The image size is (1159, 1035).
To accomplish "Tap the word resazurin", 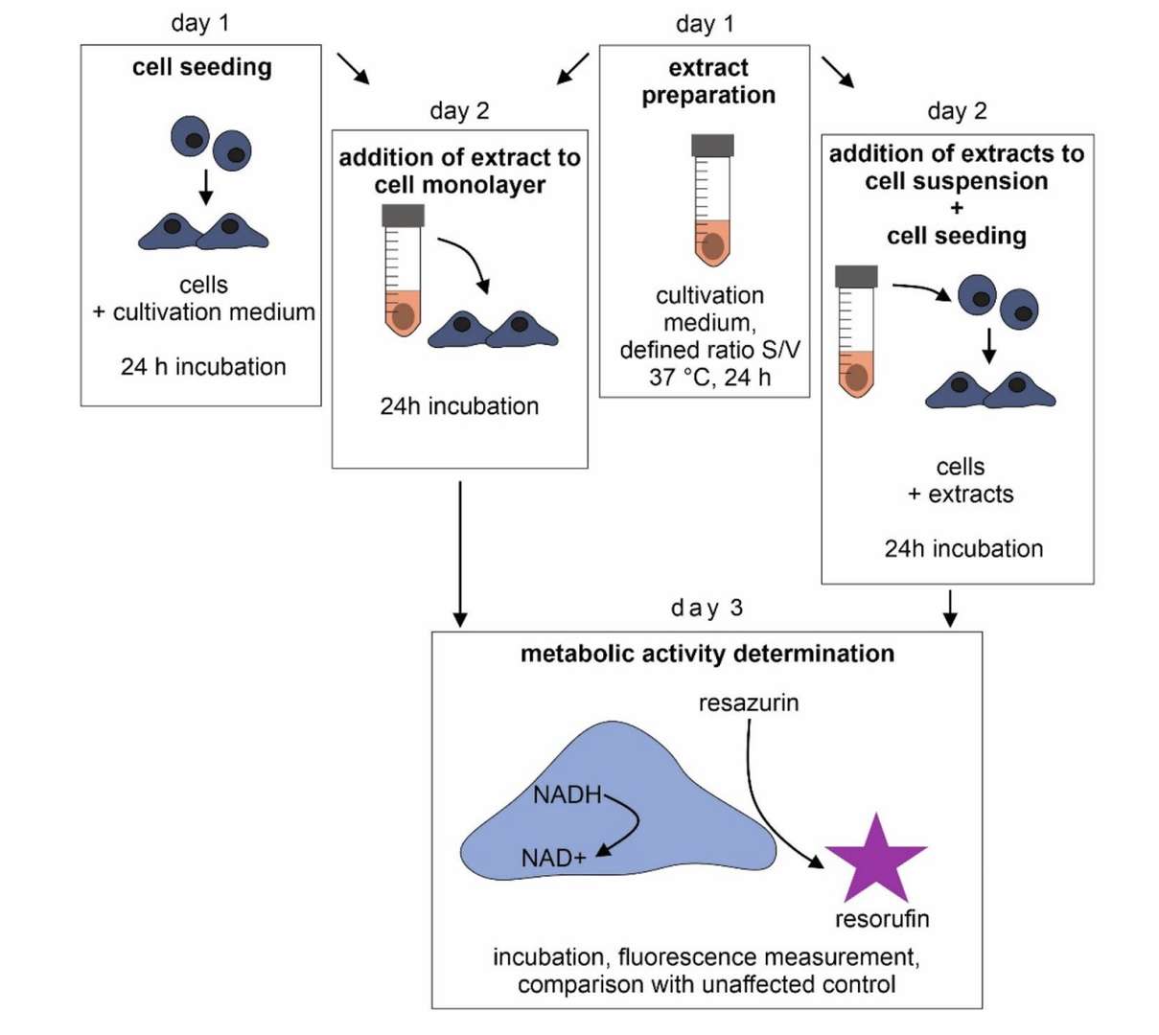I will pyautogui.click(x=748, y=702).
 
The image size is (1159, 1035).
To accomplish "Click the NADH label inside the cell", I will pyautogui.click(x=568, y=794).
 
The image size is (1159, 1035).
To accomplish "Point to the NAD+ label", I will pyautogui.click(x=553, y=858).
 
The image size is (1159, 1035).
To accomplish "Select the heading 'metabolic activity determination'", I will pyautogui.click(x=707, y=654).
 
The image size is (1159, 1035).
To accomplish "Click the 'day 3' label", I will pyautogui.click(x=707, y=608).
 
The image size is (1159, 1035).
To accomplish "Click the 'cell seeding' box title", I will pyautogui.click(x=201, y=67).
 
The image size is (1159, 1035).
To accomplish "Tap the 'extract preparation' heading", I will pyautogui.click(x=707, y=81).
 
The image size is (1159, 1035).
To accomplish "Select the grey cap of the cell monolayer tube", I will pyautogui.click(x=403, y=216).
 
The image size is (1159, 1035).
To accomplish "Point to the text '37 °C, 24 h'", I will pyautogui.click(x=708, y=377).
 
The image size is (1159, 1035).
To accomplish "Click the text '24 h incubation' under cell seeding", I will pyautogui.click(x=203, y=366).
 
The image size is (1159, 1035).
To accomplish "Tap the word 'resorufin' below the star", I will pyautogui.click(x=881, y=919).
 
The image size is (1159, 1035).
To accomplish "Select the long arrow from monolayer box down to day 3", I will pyautogui.click(x=460, y=551).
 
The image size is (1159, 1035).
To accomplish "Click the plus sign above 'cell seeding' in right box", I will pyautogui.click(x=956, y=209).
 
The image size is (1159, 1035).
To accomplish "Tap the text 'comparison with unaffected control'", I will pyautogui.click(x=707, y=984).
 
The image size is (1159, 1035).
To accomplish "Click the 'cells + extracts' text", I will pyautogui.click(x=960, y=480).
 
